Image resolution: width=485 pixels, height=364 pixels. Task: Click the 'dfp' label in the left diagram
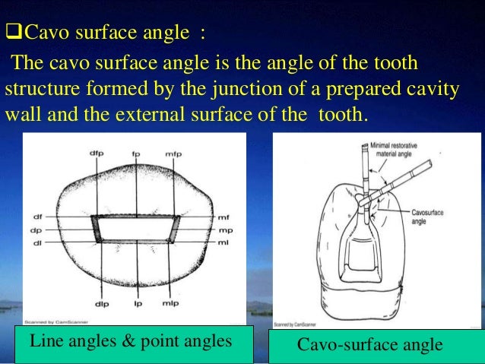tap(97, 154)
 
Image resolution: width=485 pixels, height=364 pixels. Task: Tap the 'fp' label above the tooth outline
tap(136, 154)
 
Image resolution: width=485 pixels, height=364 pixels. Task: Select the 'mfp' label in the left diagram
tap(175, 154)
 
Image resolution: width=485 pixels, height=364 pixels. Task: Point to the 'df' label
tap(37, 216)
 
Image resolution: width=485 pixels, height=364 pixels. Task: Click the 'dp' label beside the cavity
tap(37, 229)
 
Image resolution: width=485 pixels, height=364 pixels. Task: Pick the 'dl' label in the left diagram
tap(37, 242)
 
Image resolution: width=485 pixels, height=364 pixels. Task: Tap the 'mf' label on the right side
tap(223, 216)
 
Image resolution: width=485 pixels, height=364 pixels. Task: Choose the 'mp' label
tap(223, 229)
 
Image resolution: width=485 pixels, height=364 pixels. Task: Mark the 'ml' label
tap(223, 242)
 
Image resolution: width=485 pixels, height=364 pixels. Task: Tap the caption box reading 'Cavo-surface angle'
tap(369, 345)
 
